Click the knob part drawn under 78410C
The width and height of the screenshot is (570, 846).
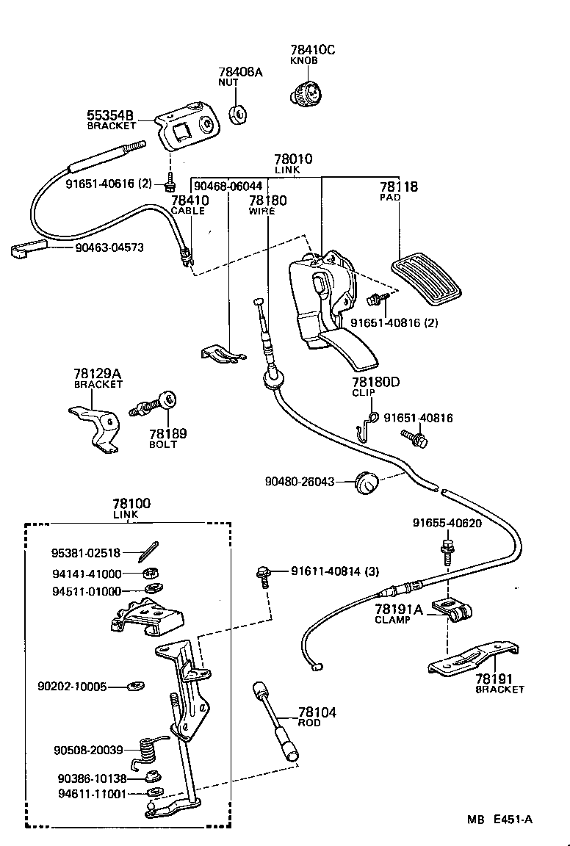tap(306, 94)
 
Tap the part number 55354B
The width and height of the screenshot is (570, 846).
tap(110, 115)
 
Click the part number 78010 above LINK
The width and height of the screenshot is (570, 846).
tap(293, 159)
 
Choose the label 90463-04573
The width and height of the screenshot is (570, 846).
tap(109, 248)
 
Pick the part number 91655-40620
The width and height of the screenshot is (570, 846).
tap(447, 523)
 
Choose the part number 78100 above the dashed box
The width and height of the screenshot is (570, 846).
tap(131, 504)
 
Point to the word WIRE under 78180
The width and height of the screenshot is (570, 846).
tap(262, 211)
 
